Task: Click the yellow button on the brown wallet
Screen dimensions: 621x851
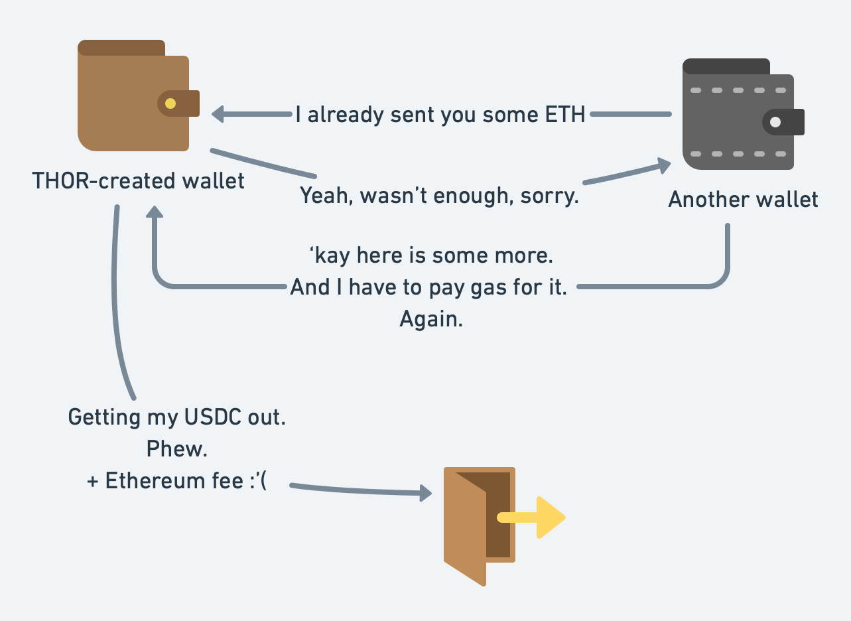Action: [170, 103]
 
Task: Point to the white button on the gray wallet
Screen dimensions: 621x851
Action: [775, 122]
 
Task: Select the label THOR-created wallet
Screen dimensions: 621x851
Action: [138, 180]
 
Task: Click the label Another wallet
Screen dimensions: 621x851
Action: [743, 200]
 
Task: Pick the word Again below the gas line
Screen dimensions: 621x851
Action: [430, 319]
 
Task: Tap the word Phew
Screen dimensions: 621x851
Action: [176, 450]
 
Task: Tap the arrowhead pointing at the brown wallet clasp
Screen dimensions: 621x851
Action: [218, 115]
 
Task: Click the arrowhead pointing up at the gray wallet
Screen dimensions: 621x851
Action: [663, 165]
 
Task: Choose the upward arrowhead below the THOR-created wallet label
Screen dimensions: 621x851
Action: [154, 212]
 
